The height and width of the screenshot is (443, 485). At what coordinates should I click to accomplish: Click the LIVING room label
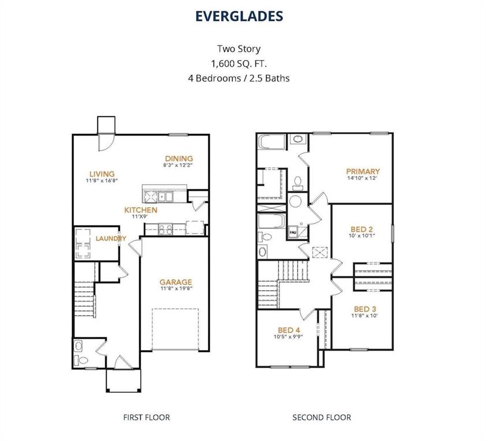coord(101,174)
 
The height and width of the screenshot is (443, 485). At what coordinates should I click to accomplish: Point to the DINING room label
coord(178,159)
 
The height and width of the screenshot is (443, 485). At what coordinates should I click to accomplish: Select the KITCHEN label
coord(141,210)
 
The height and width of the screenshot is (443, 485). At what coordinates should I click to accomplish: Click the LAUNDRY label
coord(111,238)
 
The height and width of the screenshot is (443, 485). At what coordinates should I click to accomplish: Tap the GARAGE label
coord(176,282)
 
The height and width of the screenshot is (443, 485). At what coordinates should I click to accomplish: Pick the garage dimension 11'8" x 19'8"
coord(176,290)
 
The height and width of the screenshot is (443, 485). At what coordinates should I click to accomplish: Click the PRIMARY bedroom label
coord(363,171)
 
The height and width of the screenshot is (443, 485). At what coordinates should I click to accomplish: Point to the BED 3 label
coord(365,309)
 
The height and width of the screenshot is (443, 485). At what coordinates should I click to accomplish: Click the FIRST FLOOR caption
coord(147,417)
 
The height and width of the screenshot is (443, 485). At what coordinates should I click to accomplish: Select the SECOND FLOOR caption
coord(321,417)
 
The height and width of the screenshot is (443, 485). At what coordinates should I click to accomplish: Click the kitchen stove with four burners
coord(166,229)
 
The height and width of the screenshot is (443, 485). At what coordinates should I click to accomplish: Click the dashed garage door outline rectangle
coord(176,329)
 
